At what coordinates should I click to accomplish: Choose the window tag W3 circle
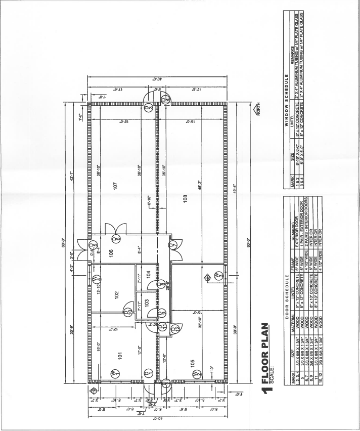(x=219, y=275)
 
